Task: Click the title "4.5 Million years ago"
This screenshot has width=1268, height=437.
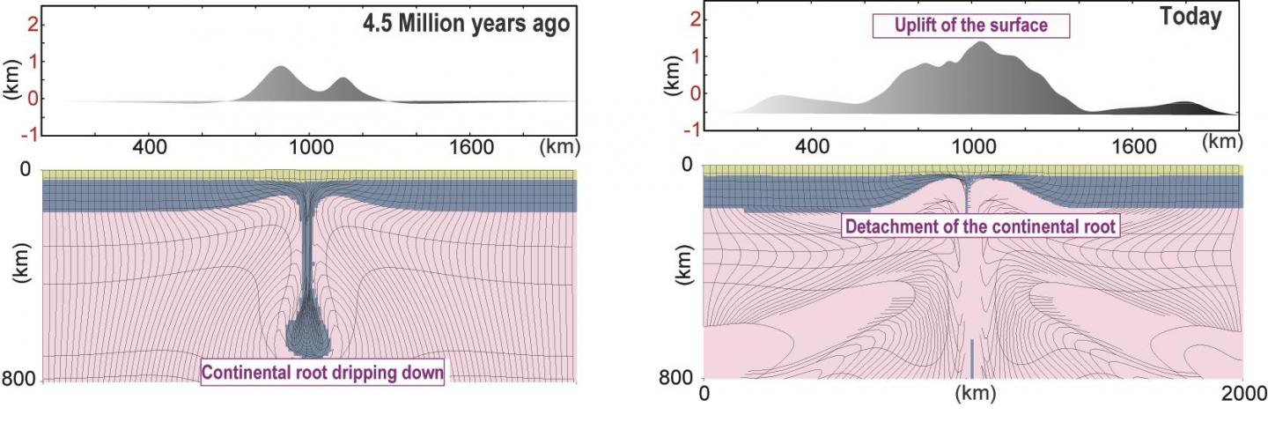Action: (467, 25)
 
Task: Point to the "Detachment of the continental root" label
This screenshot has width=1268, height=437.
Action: (980, 226)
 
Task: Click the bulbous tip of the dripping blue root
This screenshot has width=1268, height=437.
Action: (307, 333)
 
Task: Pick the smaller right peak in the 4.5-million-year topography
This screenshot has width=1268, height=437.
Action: (342, 81)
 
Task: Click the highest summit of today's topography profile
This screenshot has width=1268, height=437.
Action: (980, 44)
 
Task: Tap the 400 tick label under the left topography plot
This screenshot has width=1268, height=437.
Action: (149, 145)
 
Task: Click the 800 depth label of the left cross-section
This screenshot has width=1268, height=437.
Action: (18, 380)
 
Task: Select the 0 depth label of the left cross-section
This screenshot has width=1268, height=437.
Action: (26, 169)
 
